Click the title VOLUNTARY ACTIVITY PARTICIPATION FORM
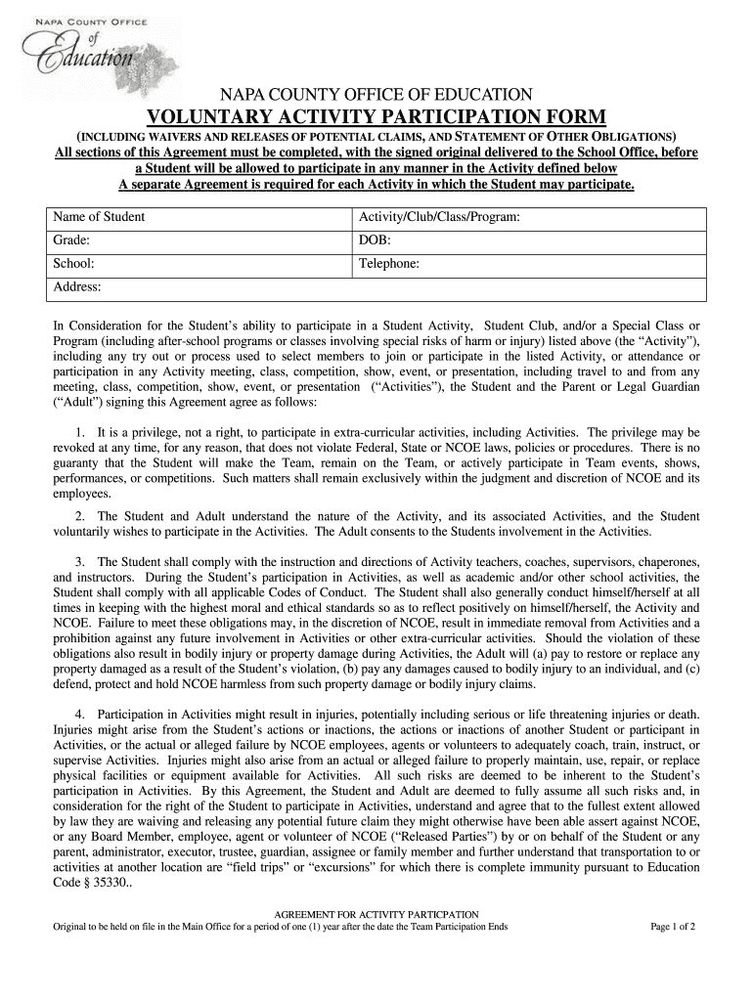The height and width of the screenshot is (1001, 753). coord(376,116)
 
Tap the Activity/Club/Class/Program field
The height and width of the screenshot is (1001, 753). coord(528,217)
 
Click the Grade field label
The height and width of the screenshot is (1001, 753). coord(71,240)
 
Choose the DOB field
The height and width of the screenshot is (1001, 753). coord(528,240)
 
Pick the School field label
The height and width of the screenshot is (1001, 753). coord(73,264)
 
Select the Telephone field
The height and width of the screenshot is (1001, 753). coord(528,264)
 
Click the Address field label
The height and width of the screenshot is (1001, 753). coord(77,287)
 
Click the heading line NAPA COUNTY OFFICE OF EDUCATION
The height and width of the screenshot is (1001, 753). coord(376,95)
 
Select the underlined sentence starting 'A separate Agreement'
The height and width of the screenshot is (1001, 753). coord(376,184)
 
